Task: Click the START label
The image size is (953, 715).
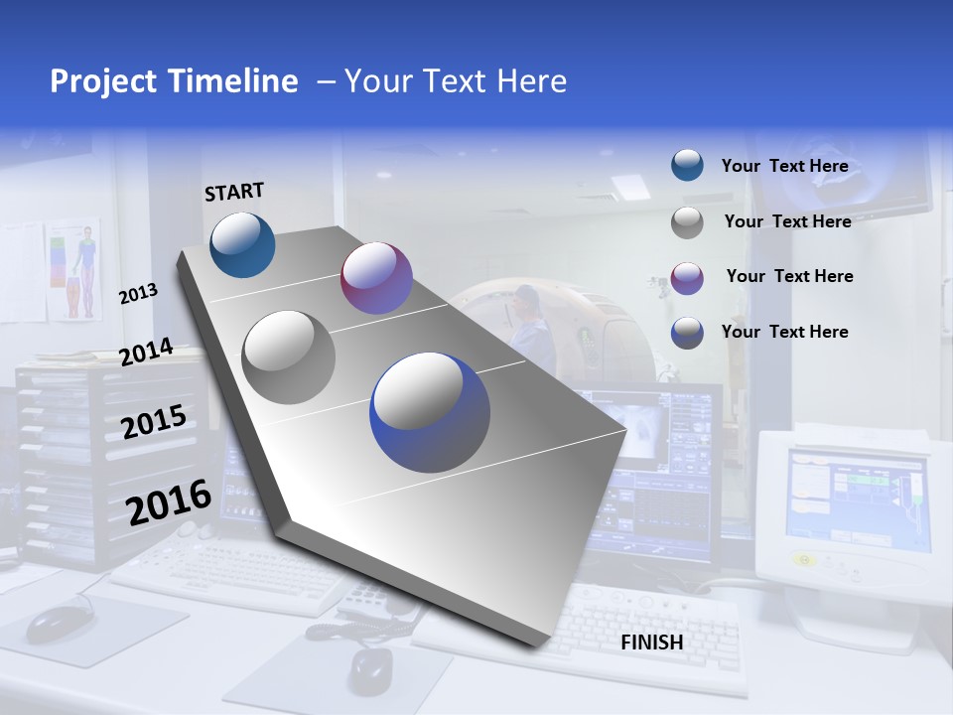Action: pyautogui.click(x=234, y=192)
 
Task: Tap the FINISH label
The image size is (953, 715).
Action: pyautogui.click(x=651, y=643)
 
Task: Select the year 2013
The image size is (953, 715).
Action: pyautogui.click(x=138, y=294)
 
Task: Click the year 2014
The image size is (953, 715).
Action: pyautogui.click(x=147, y=353)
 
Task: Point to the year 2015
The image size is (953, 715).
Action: pyautogui.click(x=154, y=422)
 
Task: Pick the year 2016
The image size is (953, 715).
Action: pyautogui.click(x=169, y=501)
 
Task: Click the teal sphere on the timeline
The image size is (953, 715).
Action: pyautogui.click(x=242, y=244)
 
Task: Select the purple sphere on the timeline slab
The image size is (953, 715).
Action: pyautogui.click(x=376, y=278)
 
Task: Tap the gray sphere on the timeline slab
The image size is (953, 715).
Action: pyautogui.click(x=289, y=357)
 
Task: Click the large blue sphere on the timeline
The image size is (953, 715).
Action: pyautogui.click(x=430, y=412)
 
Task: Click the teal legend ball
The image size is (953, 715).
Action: pyautogui.click(x=687, y=166)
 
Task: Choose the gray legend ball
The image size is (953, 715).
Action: pyautogui.click(x=687, y=222)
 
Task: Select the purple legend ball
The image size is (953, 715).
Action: pyautogui.click(x=687, y=278)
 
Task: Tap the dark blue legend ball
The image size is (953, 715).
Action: pyautogui.click(x=687, y=333)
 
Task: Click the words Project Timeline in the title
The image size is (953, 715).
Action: pyautogui.click(x=174, y=81)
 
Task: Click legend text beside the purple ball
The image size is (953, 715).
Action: pyautogui.click(x=789, y=276)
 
